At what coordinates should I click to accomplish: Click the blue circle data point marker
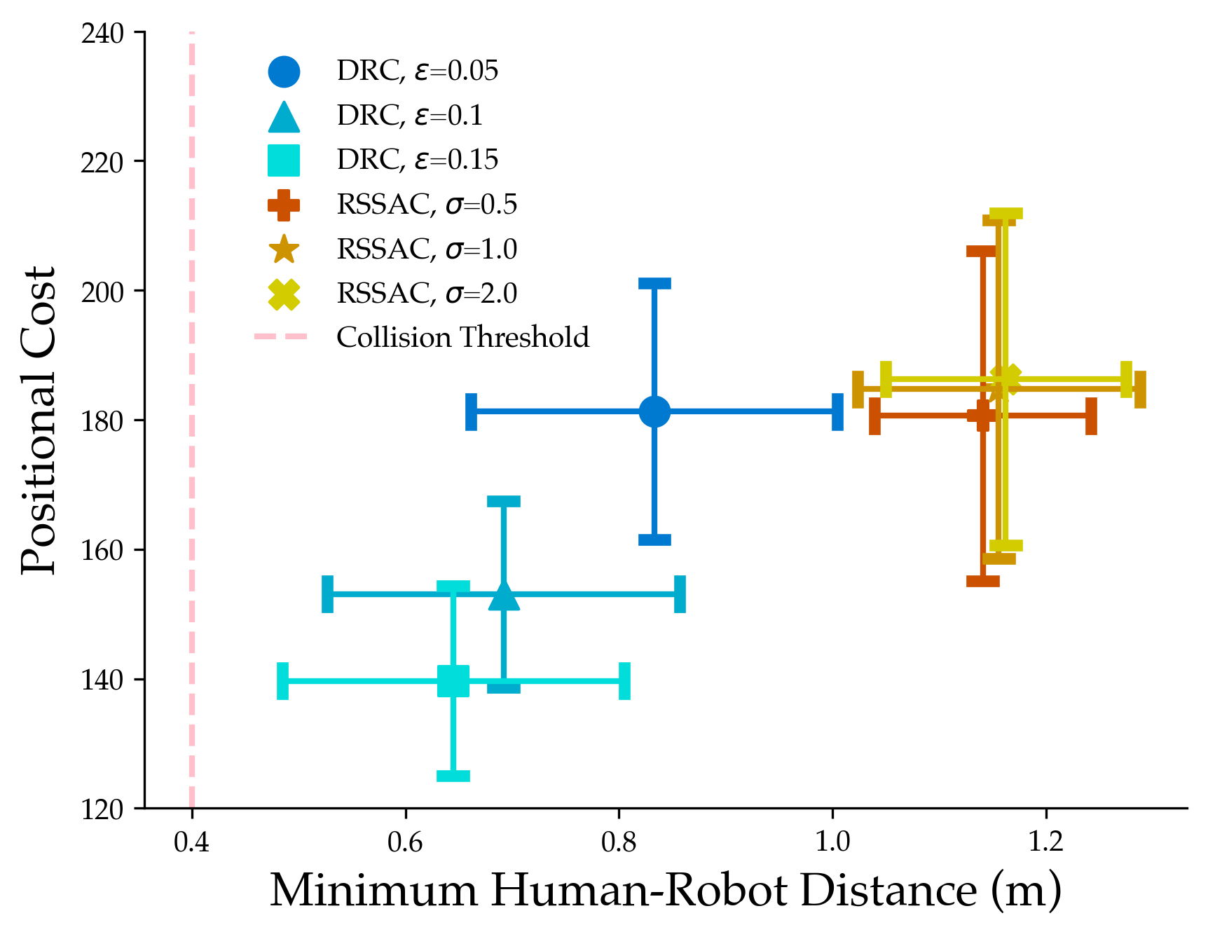(x=654, y=411)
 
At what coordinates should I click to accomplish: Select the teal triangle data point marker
(x=504, y=596)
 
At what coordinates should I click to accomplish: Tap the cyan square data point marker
(x=453, y=680)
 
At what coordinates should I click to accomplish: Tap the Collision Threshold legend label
(x=462, y=338)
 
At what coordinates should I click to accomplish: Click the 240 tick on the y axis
(x=103, y=34)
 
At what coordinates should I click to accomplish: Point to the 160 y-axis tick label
(x=103, y=551)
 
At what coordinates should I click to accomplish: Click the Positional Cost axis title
(x=39, y=420)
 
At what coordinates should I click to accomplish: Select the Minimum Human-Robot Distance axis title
(x=666, y=891)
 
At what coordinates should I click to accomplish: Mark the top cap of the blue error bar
(x=654, y=284)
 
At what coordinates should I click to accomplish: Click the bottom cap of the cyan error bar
(x=453, y=776)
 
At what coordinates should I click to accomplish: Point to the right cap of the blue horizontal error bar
(x=837, y=411)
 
